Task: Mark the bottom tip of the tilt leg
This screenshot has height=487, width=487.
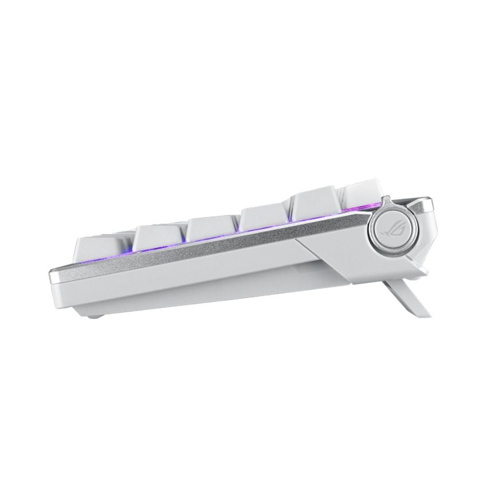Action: (423, 312)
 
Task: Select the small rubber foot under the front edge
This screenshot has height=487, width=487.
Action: (98, 315)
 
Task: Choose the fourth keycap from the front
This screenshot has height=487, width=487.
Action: (263, 220)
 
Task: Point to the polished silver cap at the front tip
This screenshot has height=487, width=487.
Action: (52, 277)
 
